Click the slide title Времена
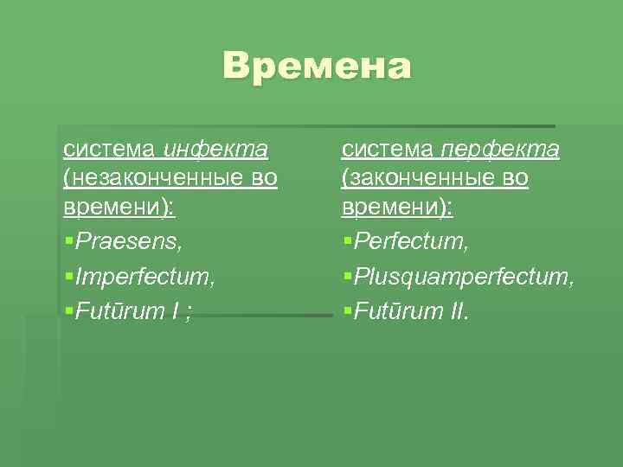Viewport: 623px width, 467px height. coord(317,67)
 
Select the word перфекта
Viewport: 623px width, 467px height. coord(501,150)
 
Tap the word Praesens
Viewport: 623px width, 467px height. coord(129,241)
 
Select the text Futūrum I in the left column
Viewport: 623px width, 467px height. coord(127,311)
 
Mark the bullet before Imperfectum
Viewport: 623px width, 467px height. coord(68,278)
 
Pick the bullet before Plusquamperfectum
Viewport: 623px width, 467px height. coord(347,278)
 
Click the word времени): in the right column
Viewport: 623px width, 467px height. coord(397,208)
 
